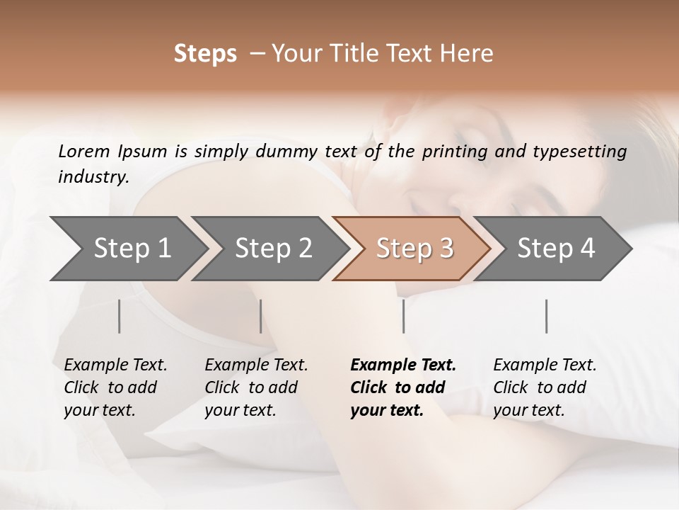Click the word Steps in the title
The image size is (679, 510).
pos(205,54)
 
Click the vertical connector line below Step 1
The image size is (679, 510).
pos(120,316)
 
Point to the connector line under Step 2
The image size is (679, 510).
pos(261,316)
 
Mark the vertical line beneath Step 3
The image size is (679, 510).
pos(404,316)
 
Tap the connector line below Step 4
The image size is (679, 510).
pos(547,316)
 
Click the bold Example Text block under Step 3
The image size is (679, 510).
pos(403,387)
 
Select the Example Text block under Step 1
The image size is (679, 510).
pos(115,387)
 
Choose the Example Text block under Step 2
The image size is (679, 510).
pos(256,387)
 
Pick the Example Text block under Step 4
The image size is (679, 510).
pos(545,387)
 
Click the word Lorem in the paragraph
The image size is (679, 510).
pos(84,151)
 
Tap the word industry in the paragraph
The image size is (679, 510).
pos(93,177)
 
